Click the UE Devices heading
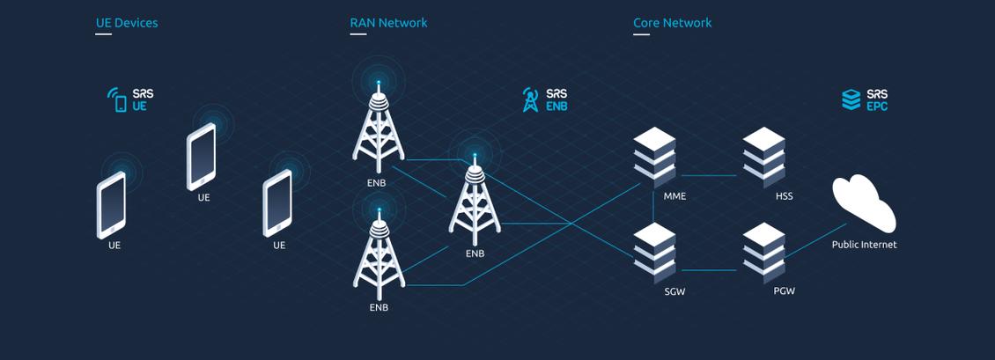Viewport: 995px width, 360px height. tap(127, 23)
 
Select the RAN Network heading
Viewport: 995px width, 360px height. tap(388, 23)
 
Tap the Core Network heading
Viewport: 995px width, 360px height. tap(672, 23)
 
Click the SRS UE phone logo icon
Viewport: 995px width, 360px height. tap(117, 99)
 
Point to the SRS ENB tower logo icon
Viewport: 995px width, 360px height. tap(530, 99)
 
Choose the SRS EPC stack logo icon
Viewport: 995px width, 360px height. tap(851, 99)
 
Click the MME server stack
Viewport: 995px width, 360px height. tap(655, 157)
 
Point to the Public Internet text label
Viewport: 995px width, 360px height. tap(864, 245)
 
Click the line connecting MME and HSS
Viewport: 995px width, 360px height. tap(709, 176)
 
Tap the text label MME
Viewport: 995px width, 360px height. tap(674, 196)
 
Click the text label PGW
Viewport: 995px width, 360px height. tap(784, 291)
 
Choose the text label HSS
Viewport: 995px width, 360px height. tap(784, 196)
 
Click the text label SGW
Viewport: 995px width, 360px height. tap(674, 291)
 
